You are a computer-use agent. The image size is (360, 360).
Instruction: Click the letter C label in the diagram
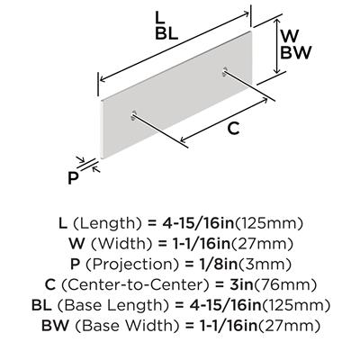click(233, 129)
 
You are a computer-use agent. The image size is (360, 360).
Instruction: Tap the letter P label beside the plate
click(73, 178)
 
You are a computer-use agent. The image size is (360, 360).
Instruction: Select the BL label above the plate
click(166, 34)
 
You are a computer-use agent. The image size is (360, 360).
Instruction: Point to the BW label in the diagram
click(296, 52)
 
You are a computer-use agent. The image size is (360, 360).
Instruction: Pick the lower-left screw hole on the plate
click(133, 115)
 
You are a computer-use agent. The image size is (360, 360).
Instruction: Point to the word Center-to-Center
click(135, 284)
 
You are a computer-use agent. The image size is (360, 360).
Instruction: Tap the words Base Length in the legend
click(111, 305)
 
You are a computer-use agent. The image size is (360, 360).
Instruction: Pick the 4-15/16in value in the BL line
click(226, 305)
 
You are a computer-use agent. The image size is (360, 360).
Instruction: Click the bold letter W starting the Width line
click(76, 244)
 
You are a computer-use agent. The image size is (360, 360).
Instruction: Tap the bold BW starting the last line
click(56, 326)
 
